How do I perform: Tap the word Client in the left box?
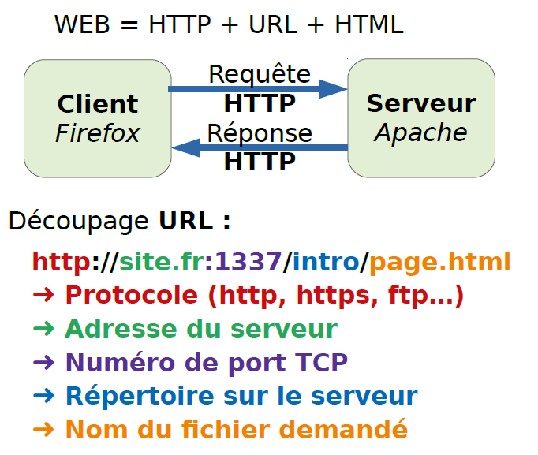coord(97,104)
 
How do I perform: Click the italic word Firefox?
coord(97,132)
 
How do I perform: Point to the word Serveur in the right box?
coord(421,103)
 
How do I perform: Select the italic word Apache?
coord(421,132)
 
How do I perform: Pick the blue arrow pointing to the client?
coord(260,147)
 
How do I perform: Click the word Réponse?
coord(260,132)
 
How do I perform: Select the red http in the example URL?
coord(62,261)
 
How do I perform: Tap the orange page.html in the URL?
coord(439,261)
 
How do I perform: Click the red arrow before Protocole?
coord(43,295)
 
